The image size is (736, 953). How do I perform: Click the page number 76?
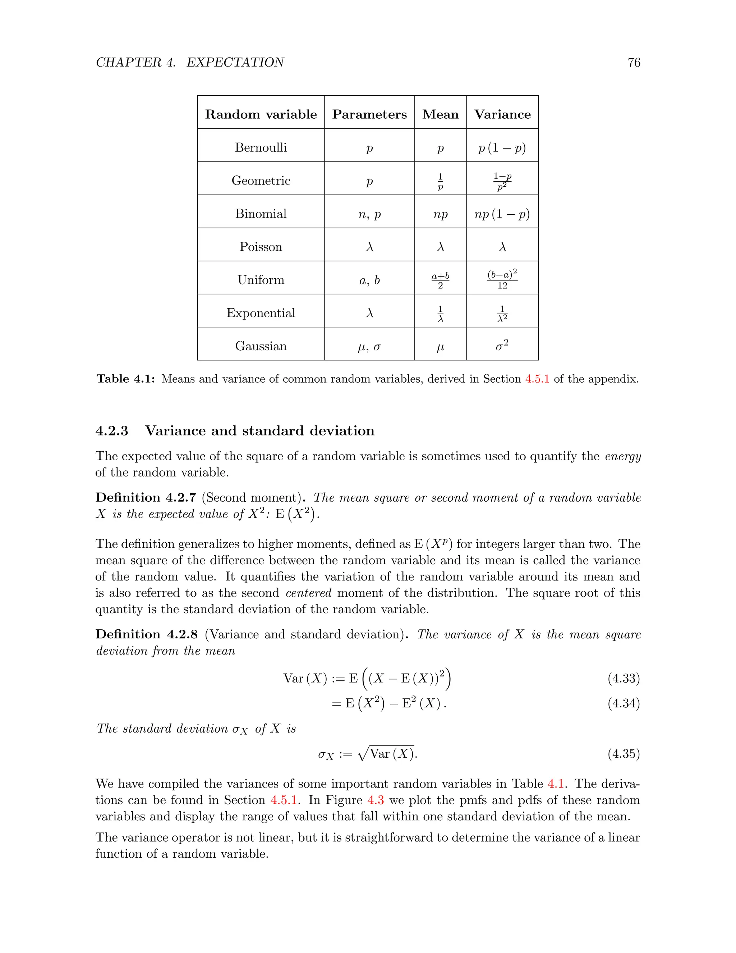(x=634, y=63)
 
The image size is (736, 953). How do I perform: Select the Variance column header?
(x=502, y=114)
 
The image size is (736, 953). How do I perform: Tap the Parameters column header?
(x=369, y=114)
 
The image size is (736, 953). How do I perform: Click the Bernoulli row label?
(x=261, y=147)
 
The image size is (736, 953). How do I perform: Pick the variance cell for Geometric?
(x=502, y=181)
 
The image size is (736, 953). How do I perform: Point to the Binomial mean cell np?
(x=440, y=214)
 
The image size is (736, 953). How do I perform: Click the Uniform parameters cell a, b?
(x=369, y=280)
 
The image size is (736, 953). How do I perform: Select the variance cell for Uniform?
(x=502, y=280)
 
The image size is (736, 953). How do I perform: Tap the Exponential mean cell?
(x=440, y=314)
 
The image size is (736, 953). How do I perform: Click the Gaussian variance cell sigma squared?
(x=502, y=346)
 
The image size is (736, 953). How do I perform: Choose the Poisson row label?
(x=261, y=247)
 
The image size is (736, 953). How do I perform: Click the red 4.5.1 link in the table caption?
(x=537, y=379)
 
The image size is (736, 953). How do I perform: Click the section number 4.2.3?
(x=112, y=431)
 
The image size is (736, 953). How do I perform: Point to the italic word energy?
(x=623, y=456)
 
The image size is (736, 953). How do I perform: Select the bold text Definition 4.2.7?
(x=146, y=497)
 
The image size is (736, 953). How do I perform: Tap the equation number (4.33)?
(x=624, y=678)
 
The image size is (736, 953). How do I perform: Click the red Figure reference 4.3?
(x=376, y=800)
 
